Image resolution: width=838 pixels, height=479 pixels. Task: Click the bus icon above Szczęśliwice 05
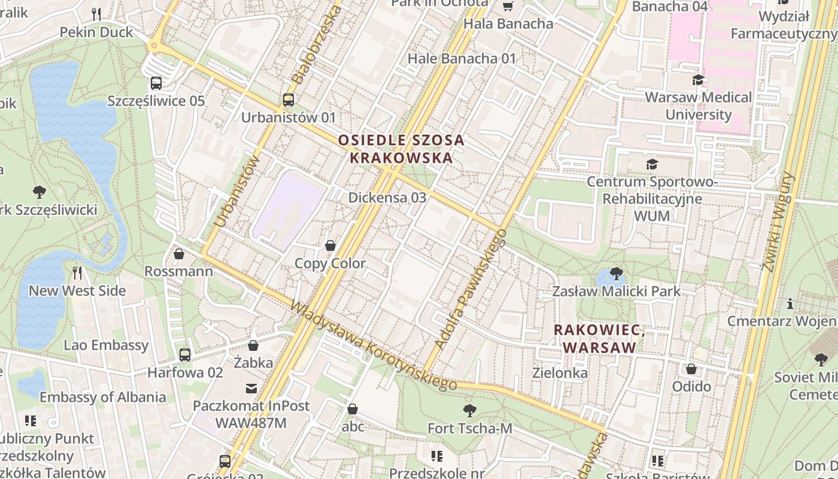click(x=156, y=83)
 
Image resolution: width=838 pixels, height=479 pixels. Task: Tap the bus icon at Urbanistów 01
click(x=289, y=100)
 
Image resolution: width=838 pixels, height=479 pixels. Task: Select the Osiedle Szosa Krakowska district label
click(x=400, y=149)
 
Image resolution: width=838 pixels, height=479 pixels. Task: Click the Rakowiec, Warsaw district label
click(x=599, y=339)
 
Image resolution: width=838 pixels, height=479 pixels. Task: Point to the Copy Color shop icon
click(x=330, y=245)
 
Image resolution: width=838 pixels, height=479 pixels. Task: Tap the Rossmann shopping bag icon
click(x=178, y=254)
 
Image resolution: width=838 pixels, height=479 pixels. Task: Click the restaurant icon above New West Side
click(x=77, y=273)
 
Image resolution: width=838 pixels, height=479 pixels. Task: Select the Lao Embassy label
click(x=106, y=345)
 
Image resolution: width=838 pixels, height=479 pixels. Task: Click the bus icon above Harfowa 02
click(x=185, y=354)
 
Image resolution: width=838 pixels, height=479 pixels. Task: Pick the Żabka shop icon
click(x=253, y=345)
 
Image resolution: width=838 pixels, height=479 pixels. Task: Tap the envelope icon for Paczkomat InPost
click(x=251, y=389)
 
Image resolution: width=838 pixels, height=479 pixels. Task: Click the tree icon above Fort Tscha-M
click(x=470, y=411)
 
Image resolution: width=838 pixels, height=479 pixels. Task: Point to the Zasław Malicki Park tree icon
click(x=616, y=274)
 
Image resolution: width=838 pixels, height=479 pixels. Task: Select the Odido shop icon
click(x=691, y=369)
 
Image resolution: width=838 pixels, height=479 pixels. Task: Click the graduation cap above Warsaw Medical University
click(x=698, y=80)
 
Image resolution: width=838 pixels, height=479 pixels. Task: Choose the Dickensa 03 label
click(x=387, y=197)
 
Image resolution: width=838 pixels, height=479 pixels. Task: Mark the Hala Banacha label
click(x=508, y=24)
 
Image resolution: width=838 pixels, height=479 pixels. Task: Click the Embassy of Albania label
click(x=103, y=397)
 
